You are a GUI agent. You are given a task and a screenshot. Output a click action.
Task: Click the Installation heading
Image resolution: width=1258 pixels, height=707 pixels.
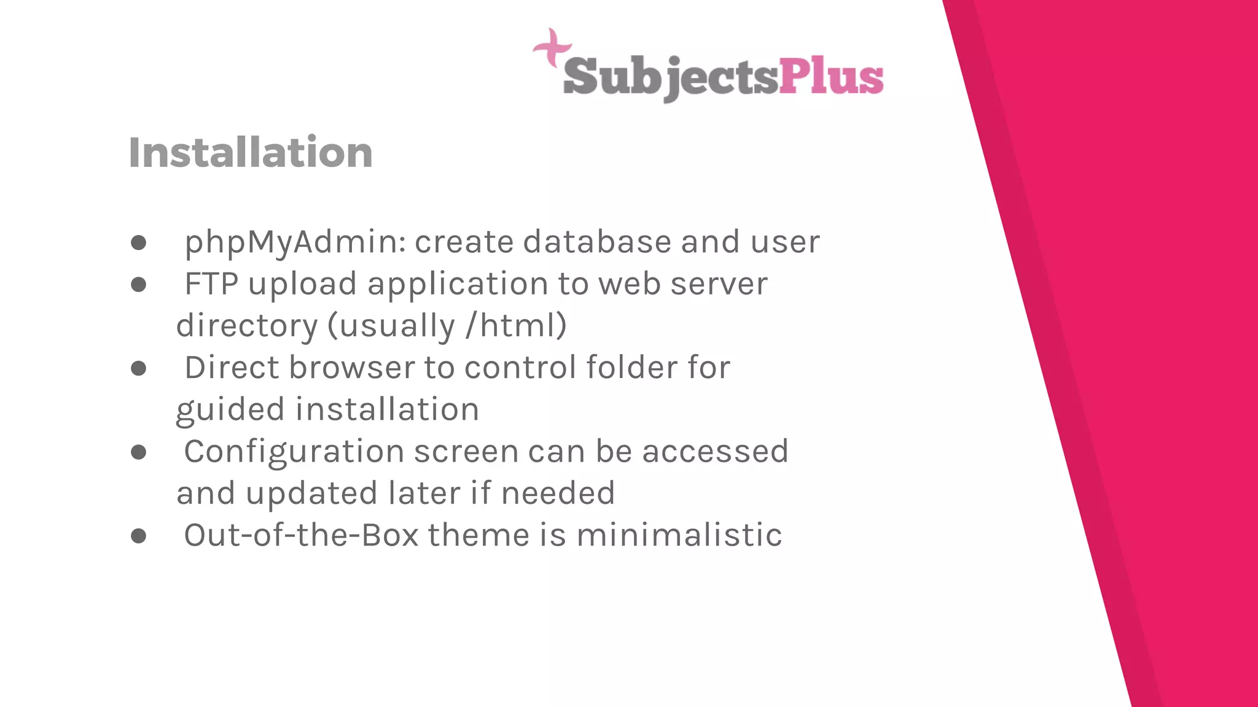tap(251, 153)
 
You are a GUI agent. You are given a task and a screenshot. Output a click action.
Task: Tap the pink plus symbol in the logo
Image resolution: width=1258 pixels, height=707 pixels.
tap(552, 47)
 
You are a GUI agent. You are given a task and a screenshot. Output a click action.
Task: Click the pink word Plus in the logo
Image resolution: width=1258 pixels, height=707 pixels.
tap(831, 77)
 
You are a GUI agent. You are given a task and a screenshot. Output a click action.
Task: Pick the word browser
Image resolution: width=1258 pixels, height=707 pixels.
tap(352, 368)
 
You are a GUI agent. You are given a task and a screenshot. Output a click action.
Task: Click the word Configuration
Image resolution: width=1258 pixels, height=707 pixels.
tap(294, 452)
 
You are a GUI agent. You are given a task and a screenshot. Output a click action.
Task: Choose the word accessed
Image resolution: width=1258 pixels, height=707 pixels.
tap(715, 452)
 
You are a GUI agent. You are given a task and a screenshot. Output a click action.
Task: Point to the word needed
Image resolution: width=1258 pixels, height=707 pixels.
tap(558, 493)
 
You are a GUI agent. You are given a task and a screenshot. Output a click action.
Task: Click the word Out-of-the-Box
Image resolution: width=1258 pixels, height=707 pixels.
tap(301, 535)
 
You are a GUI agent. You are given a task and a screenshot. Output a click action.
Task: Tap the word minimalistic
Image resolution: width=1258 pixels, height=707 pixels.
tap(679, 535)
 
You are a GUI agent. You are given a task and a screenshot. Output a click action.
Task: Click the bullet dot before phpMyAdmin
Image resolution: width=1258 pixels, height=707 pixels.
tap(139, 243)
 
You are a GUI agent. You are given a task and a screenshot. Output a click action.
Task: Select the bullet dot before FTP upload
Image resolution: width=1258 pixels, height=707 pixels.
tap(139, 285)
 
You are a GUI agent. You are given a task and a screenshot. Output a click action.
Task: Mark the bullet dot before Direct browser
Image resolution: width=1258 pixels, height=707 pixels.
tap(139, 368)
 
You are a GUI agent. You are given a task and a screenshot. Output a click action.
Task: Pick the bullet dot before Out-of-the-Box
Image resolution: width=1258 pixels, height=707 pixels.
tap(139, 536)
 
